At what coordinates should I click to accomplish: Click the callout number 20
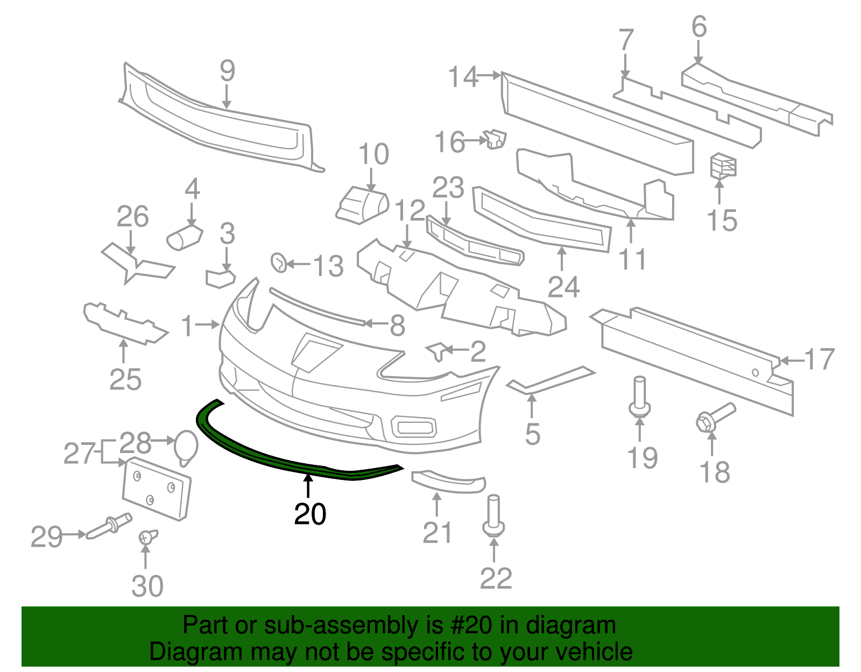[310, 514]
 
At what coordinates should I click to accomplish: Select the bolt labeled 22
[493, 517]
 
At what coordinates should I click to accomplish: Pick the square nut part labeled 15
[723, 165]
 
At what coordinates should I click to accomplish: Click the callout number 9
[227, 71]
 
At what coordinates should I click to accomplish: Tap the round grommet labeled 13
[279, 263]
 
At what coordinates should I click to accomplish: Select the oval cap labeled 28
[186, 447]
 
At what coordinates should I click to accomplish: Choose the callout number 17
[819, 359]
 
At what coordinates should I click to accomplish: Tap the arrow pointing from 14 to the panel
[490, 75]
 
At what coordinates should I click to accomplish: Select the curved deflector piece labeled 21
[448, 482]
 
